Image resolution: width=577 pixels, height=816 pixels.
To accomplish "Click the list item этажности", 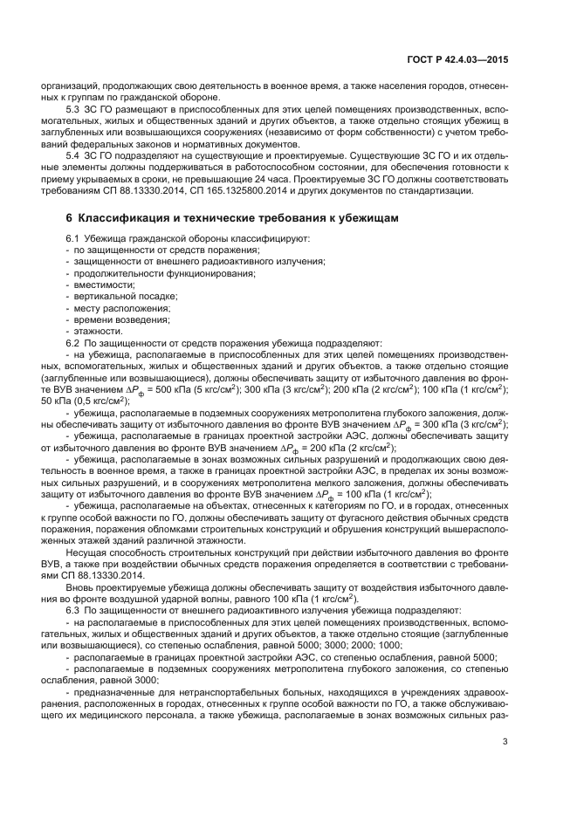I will (x=97, y=331).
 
